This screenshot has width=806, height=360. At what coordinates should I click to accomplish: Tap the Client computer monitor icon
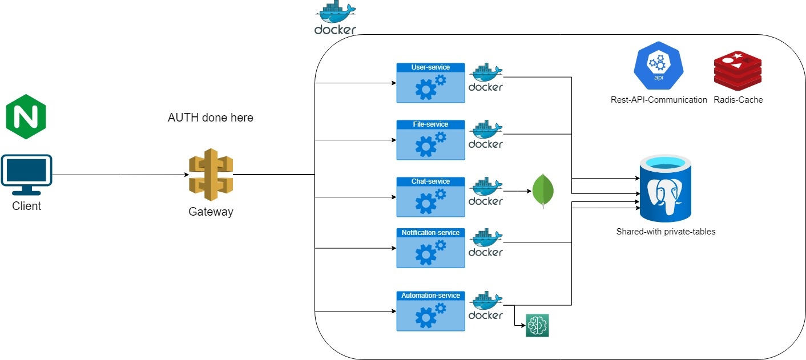click(26, 171)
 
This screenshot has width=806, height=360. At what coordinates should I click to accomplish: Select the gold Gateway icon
click(211, 174)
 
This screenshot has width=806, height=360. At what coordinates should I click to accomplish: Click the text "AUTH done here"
click(210, 118)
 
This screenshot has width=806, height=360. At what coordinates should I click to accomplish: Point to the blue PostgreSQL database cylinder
click(665, 191)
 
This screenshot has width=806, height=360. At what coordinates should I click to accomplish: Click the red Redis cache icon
click(738, 71)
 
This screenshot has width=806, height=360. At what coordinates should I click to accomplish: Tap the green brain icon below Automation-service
click(537, 326)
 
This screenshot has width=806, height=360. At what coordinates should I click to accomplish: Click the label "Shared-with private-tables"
click(666, 232)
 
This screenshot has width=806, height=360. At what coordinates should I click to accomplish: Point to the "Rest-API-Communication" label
click(659, 100)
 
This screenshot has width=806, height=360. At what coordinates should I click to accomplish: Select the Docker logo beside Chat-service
click(485, 192)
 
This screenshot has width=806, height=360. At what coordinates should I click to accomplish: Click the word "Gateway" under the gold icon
click(211, 212)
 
